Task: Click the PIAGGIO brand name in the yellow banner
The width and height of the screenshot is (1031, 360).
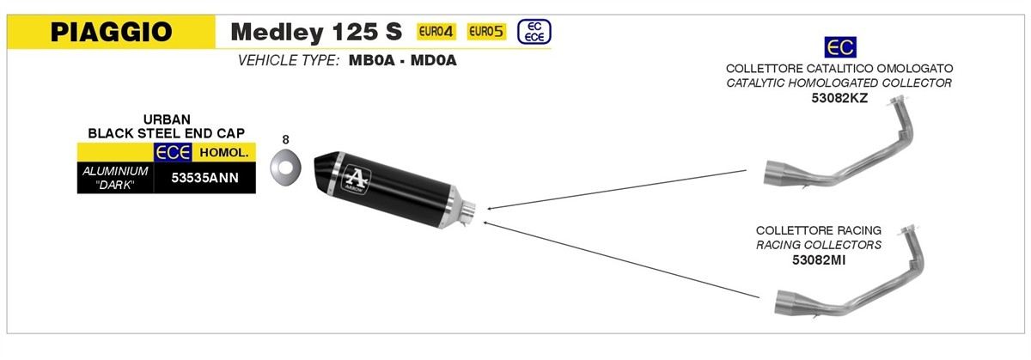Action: (x=112, y=32)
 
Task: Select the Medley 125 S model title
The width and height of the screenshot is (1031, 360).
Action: (x=316, y=32)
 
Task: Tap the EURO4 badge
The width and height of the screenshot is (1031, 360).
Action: (x=436, y=31)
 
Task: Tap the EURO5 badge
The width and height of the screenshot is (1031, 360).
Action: (x=486, y=31)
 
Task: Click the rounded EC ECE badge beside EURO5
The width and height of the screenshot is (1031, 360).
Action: (x=534, y=32)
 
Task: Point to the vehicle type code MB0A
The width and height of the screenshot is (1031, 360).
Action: (x=371, y=60)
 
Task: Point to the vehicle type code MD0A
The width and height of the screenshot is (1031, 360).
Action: (x=433, y=60)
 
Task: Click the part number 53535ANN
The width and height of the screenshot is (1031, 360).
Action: (x=204, y=178)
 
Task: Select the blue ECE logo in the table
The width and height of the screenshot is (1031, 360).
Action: (x=173, y=152)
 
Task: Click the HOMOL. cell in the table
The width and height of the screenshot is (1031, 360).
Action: (x=223, y=152)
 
